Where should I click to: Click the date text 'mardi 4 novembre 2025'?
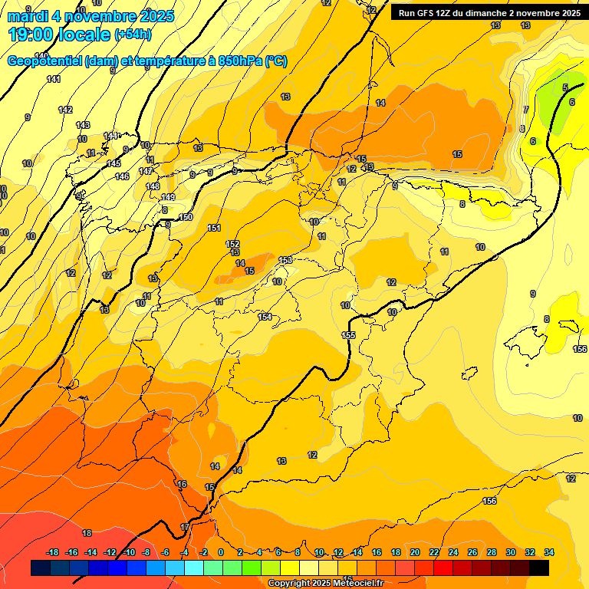click(x=90, y=16)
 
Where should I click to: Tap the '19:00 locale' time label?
click(x=60, y=35)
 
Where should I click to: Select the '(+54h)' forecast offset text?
click(x=133, y=35)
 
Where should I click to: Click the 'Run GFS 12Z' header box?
click(x=488, y=13)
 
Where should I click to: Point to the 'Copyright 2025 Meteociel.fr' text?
click(x=325, y=584)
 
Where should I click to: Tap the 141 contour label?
click(x=54, y=79)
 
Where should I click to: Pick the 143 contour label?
click(x=83, y=125)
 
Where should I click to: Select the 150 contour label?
click(x=185, y=217)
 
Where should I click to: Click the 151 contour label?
click(x=214, y=228)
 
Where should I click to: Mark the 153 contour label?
click(x=285, y=261)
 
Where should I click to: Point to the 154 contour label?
click(x=265, y=317)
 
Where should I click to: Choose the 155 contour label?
click(x=348, y=335)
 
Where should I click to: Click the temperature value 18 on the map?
click(x=87, y=533)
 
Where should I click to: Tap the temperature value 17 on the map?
click(x=185, y=527)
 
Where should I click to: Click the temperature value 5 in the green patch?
click(x=565, y=88)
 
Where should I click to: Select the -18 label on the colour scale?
click(x=53, y=552)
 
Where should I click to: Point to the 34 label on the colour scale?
click(x=549, y=552)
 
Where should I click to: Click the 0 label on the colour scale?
click(x=221, y=552)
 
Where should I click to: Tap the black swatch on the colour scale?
click(x=539, y=568)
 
